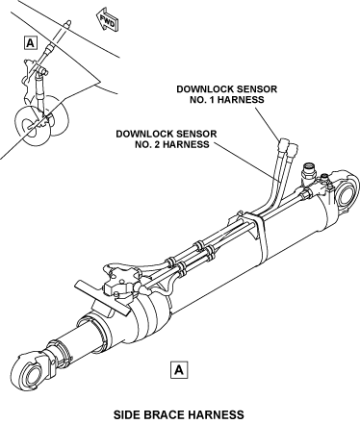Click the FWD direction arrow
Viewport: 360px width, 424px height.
click(x=108, y=21)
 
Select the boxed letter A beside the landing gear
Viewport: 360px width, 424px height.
click(x=30, y=42)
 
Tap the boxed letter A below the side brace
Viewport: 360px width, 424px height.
click(x=179, y=370)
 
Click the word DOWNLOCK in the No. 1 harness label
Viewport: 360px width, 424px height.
click(x=203, y=88)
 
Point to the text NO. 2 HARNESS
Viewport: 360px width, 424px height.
click(x=172, y=144)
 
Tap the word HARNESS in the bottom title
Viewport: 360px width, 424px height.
click(x=216, y=414)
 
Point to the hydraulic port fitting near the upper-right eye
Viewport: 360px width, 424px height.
click(x=309, y=173)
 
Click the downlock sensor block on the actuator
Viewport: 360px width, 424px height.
click(x=122, y=282)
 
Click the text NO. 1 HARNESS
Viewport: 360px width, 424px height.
click(x=227, y=100)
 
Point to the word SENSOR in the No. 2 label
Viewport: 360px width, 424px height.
click(x=197, y=134)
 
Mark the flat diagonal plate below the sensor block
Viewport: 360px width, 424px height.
click(x=103, y=297)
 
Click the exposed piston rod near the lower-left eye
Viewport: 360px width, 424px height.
click(x=76, y=339)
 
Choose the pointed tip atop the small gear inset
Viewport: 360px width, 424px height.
click(x=68, y=23)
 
